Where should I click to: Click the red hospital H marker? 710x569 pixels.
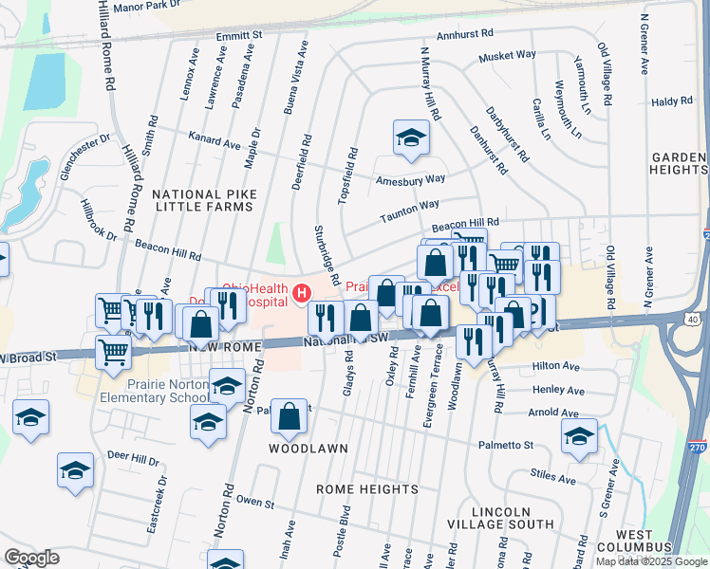(302, 294)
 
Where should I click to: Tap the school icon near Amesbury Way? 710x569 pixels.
(411, 138)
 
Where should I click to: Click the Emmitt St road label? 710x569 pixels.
(239, 35)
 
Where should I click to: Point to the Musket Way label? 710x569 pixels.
(507, 56)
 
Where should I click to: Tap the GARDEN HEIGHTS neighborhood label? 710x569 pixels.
(680, 163)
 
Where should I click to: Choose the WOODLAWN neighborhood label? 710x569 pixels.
(308, 448)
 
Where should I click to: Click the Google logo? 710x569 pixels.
(32, 557)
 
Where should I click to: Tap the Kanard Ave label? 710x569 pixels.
(215, 142)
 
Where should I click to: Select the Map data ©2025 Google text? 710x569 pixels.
(650, 561)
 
